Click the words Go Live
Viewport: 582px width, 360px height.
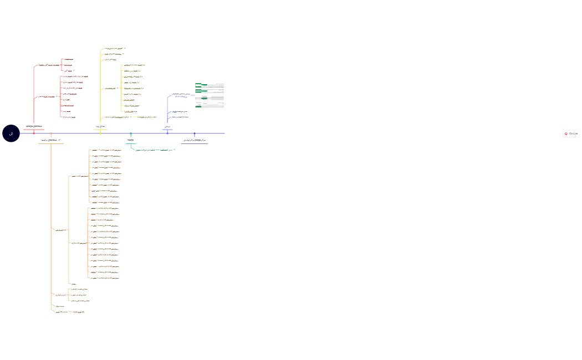point(573,133)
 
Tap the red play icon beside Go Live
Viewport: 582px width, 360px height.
point(566,133)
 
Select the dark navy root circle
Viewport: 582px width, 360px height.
point(11,133)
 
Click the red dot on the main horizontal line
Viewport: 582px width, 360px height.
point(34,133)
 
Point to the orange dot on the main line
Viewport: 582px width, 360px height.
point(51,133)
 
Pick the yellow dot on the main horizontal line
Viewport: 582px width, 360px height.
point(100,133)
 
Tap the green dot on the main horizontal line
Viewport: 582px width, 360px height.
point(131,133)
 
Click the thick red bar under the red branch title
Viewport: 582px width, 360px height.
point(34,130)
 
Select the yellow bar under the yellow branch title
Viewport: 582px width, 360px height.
point(100,130)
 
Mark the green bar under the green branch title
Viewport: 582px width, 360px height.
point(131,144)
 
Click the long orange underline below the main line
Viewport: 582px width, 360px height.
point(51,144)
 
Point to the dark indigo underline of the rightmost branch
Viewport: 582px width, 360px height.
point(195,144)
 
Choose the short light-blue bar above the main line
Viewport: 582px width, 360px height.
point(167,130)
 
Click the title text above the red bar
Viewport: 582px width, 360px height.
point(34,126)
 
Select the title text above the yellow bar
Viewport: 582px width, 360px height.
point(100,126)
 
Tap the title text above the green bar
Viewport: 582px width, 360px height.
point(131,141)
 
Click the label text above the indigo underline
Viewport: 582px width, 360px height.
point(195,141)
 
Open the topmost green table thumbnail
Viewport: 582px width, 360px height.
point(202,84)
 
